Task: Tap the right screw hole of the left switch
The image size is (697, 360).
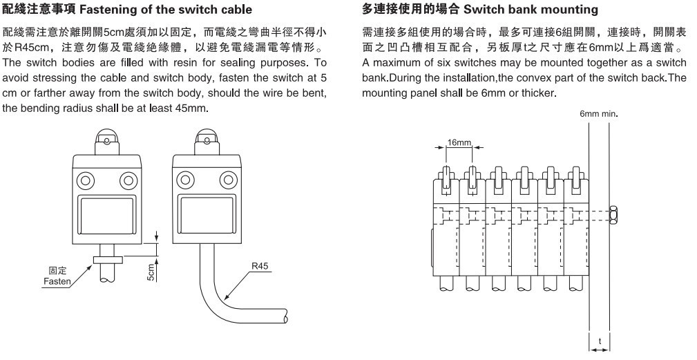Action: (x=127, y=182)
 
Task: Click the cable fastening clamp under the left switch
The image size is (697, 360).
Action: (x=106, y=259)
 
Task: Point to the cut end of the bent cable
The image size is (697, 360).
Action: (x=283, y=317)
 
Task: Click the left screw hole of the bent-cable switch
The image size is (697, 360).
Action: (x=184, y=182)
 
